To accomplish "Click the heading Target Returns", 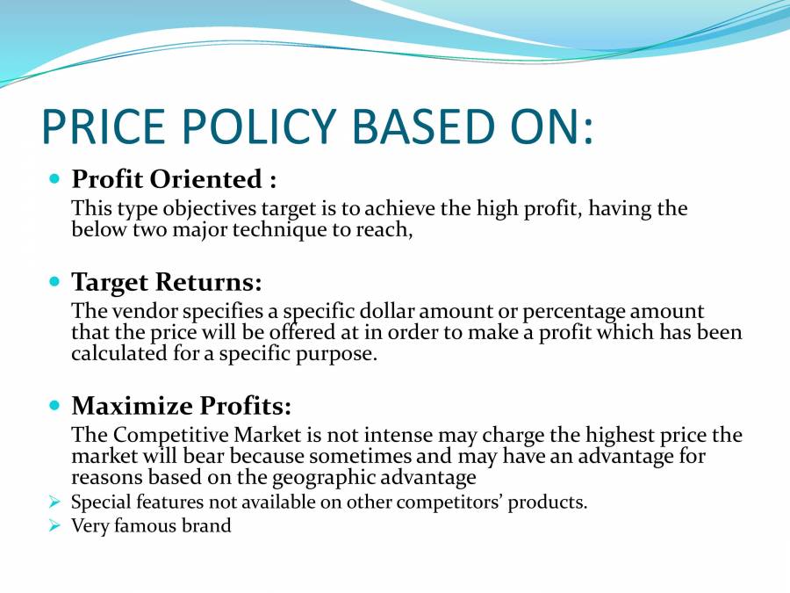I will (x=167, y=282).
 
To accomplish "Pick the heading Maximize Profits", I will (x=181, y=406).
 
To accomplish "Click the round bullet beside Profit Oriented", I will (x=54, y=179).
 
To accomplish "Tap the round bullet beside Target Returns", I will (x=54, y=282).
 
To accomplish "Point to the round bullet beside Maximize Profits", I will (x=54, y=406).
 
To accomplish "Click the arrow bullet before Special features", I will (x=54, y=503).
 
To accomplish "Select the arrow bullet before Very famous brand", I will (x=54, y=526).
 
